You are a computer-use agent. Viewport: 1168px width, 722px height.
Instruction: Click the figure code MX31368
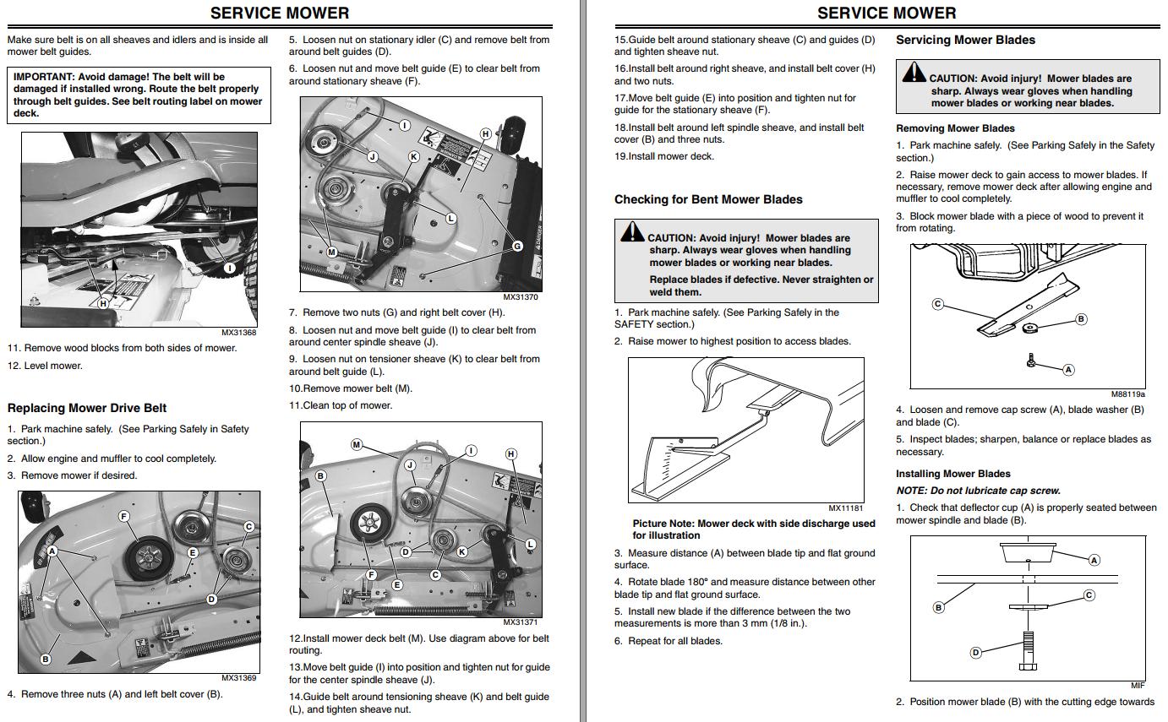(x=238, y=333)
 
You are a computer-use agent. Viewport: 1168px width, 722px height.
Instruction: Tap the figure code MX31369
(x=238, y=677)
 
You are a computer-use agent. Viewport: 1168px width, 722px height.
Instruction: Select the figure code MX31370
(x=521, y=297)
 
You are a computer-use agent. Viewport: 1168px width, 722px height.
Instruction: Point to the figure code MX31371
(x=521, y=622)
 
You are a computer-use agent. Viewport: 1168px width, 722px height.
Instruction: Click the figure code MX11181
(x=845, y=508)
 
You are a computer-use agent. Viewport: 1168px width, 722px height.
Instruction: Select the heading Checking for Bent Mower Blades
(x=708, y=199)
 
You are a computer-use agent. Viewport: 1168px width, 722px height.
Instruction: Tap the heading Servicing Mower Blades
(x=965, y=40)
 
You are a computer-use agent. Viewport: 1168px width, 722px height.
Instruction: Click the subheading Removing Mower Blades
(x=955, y=128)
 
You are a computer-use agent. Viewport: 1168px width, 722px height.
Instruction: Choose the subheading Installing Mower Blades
(x=953, y=474)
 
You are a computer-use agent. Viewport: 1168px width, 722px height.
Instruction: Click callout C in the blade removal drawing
(x=937, y=304)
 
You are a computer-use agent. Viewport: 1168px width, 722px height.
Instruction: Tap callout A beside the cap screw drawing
(x=1068, y=369)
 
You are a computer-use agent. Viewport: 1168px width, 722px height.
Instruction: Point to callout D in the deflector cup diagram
(x=975, y=652)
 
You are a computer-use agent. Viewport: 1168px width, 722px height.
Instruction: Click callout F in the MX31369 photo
(x=124, y=516)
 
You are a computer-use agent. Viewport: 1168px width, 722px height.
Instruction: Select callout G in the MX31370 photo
(x=518, y=247)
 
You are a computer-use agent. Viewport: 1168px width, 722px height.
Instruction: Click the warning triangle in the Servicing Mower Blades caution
(x=914, y=73)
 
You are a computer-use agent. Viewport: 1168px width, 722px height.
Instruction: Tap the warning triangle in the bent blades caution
(x=631, y=232)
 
